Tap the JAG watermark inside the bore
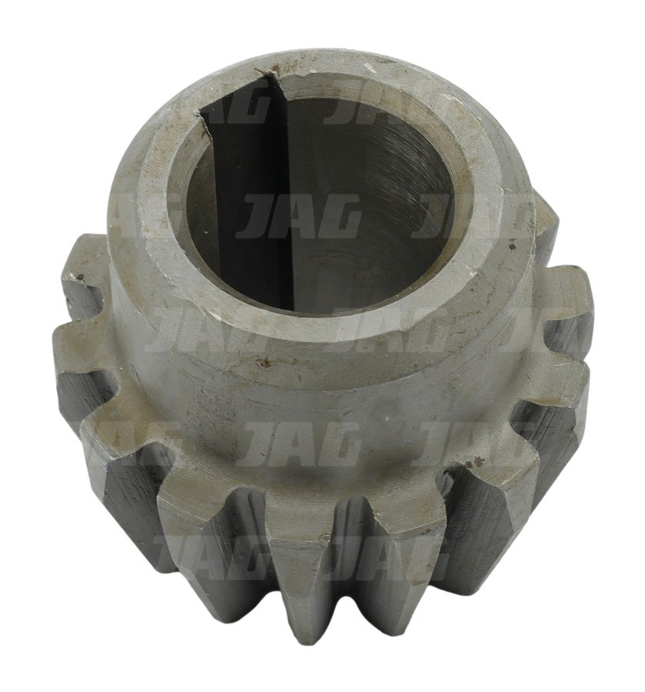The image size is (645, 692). [299, 216]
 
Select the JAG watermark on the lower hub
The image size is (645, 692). [299, 444]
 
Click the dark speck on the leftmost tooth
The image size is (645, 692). [80, 277]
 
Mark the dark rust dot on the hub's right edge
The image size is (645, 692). [511, 241]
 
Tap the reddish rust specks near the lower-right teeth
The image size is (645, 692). [477, 464]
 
